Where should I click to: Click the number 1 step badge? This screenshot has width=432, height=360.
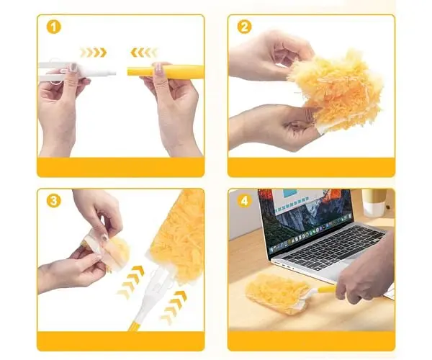[53, 27]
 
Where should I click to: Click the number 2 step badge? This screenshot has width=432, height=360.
[244, 27]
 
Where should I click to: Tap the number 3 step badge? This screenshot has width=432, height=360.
[53, 201]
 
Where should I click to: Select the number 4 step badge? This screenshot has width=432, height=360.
[244, 201]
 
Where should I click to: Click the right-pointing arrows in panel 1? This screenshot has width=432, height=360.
[93, 53]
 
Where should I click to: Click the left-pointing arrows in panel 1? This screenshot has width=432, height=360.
[144, 53]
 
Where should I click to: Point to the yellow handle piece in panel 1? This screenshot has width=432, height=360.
[165, 71]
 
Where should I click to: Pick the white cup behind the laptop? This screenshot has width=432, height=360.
[374, 202]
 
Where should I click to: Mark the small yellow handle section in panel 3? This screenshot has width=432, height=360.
[135, 325]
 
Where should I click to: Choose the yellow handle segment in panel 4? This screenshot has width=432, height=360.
[327, 289]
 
